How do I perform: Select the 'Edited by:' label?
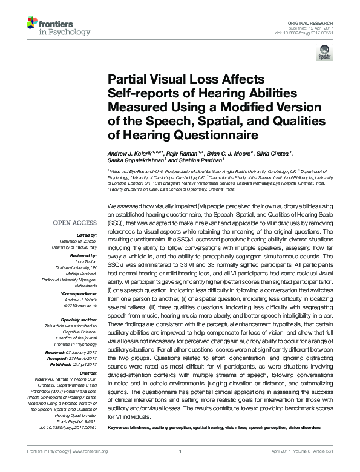pyautogui.click(x=89, y=235)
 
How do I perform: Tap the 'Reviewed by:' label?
pyautogui.click(x=85, y=256)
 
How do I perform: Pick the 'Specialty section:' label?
pyautogui.click(x=80, y=318)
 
